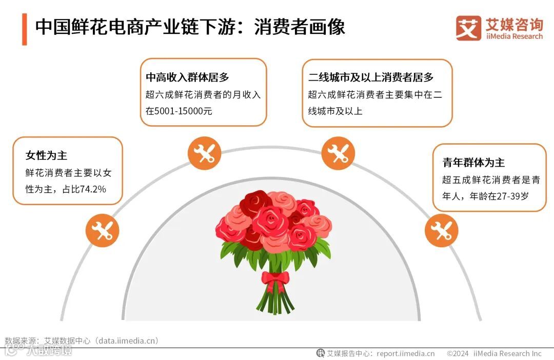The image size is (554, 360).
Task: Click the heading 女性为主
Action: tap(47, 155)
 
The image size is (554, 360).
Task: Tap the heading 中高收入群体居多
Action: tap(187, 77)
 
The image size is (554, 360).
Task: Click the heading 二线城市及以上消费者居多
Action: tap(371, 77)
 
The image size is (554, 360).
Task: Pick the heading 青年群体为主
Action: tap(473, 163)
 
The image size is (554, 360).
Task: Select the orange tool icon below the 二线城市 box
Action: tap(338, 153)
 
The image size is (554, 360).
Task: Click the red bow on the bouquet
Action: tap(275, 279)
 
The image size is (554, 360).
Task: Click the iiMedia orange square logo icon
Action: tap(468, 28)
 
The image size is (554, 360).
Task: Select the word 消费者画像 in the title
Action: tap(300, 27)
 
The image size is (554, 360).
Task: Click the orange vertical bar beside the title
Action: tap(24, 29)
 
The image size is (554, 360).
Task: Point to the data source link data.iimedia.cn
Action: tap(128, 341)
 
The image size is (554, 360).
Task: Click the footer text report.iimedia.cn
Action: tap(405, 353)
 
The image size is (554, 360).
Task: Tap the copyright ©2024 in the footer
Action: tap(458, 353)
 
